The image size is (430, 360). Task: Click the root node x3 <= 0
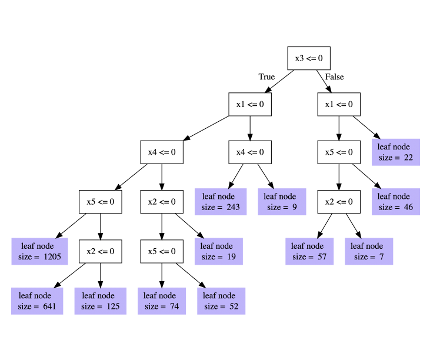pos(309,58)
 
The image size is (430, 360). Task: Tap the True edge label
pos(266,77)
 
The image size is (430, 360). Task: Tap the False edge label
pos(335,77)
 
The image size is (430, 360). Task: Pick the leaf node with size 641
pos(35,301)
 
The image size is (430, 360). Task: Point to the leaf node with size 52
pos(221,301)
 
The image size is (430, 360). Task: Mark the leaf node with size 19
pos(217,251)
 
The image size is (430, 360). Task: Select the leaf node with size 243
pos(221,202)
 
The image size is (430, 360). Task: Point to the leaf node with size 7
pos(368,251)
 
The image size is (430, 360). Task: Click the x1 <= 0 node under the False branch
pos(339,104)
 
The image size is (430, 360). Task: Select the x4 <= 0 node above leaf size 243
pos(250,152)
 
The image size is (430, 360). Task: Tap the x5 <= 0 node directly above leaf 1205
pos(101,202)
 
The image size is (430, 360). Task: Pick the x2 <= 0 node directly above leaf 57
pos(339,202)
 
